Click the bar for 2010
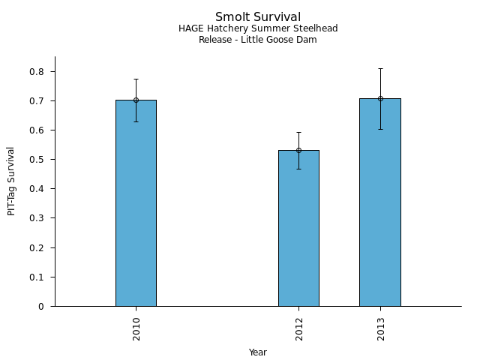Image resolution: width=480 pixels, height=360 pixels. (136, 202)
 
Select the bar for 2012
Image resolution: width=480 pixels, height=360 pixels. (298, 228)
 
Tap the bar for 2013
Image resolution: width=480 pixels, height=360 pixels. (380, 202)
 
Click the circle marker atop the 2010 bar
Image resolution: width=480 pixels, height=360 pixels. (136, 100)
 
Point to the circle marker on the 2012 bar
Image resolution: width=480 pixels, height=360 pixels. (298, 150)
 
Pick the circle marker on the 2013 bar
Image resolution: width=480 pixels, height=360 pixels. (380, 98)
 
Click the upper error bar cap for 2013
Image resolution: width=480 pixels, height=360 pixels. (380, 68)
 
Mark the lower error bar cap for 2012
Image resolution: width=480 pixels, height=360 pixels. (298, 169)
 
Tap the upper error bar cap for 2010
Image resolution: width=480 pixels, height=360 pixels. (136, 79)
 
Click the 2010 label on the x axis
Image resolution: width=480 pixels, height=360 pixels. (136, 329)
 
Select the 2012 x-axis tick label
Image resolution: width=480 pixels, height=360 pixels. (299, 329)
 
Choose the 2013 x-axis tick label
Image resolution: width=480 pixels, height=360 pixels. (381, 329)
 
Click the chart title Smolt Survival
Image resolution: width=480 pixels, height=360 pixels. (258, 17)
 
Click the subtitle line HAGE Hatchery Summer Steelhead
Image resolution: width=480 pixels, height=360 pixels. (258, 28)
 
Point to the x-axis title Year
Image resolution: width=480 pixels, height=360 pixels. (258, 352)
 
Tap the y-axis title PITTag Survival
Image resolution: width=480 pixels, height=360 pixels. (11, 181)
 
